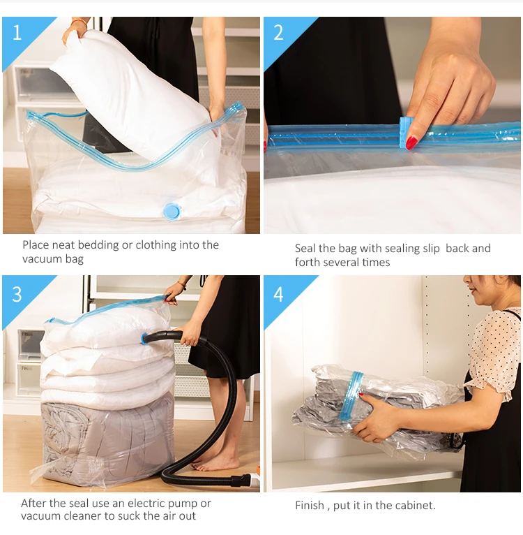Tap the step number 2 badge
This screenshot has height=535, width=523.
279,33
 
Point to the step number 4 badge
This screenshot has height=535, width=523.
279,293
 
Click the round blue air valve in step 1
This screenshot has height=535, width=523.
171,210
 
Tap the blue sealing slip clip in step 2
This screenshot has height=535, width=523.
406,133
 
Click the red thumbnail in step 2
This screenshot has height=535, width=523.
411,142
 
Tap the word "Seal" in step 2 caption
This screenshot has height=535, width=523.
305,249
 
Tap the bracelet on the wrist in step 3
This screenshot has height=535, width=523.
182,284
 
